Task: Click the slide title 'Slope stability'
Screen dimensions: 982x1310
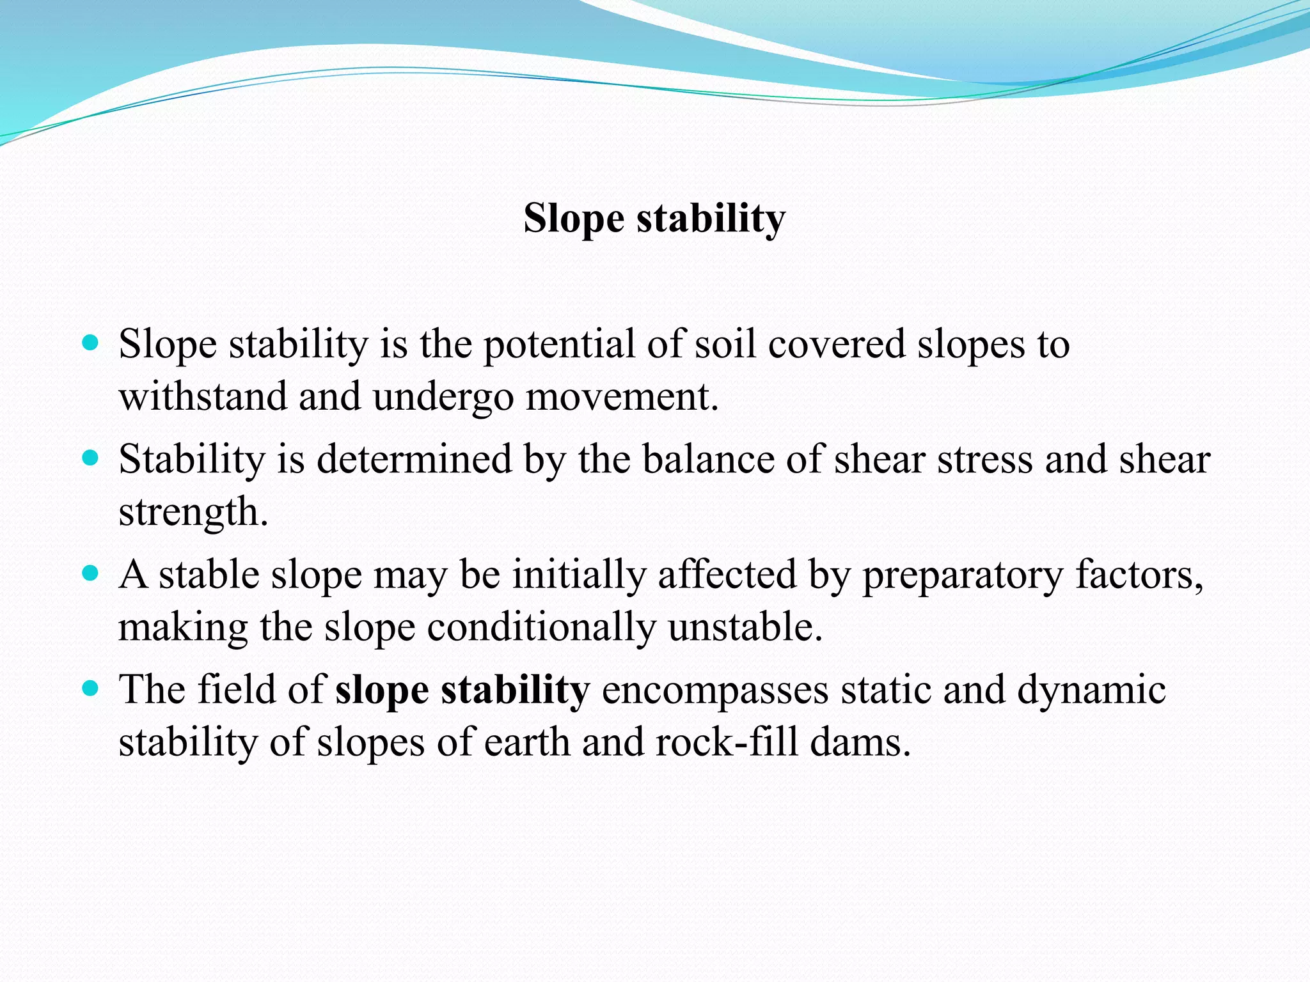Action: click(x=654, y=219)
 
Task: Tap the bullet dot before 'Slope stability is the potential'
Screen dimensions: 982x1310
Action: click(x=91, y=343)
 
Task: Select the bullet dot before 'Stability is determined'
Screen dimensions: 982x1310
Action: click(x=91, y=458)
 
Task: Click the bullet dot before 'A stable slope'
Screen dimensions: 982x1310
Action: click(x=91, y=573)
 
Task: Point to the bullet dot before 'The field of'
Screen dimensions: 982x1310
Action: click(x=91, y=688)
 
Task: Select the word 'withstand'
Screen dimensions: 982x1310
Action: click(x=203, y=396)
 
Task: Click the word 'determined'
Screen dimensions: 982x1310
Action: click(x=414, y=460)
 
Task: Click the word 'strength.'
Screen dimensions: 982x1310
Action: click(x=193, y=513)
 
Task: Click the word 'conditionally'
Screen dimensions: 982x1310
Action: click(x=541, y=627)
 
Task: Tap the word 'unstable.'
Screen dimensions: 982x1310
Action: click(x=745, y=627)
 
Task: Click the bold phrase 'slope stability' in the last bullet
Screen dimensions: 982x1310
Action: click(x=462, y=690)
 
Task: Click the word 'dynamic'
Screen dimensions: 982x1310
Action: click(x=1091, y=690)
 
